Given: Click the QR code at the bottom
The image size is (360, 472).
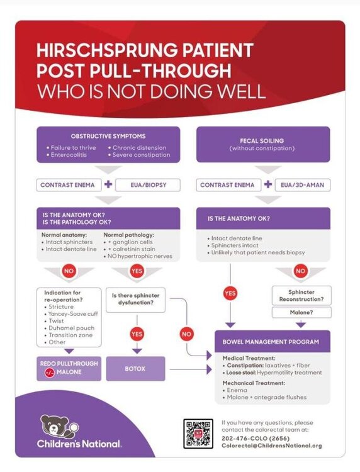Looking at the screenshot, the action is click(198, 434).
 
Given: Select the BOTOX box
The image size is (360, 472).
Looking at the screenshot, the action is click(135, 369).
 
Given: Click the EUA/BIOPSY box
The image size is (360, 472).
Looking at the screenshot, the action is click(148, 185).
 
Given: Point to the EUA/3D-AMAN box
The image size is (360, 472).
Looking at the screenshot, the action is click(303, 185).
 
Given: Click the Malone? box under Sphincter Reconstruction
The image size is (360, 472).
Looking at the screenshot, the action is click(301, 312).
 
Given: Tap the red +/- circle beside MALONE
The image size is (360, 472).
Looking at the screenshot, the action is click(50, 373).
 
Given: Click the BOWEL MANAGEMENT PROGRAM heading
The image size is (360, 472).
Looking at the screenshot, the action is click(271, 342).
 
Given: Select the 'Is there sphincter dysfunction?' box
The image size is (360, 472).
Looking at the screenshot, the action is click(135, 300).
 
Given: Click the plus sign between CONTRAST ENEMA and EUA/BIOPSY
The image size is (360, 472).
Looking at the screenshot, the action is click(108, 184).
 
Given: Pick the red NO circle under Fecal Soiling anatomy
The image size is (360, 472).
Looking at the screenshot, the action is click(300, 271).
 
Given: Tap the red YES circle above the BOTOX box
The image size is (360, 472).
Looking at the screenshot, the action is click(137, 334).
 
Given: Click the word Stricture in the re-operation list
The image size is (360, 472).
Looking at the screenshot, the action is click(61, 306).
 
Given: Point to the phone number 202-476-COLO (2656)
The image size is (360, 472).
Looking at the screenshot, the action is click(256, 438).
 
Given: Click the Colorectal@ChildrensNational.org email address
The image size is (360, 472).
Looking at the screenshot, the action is click(272, 446).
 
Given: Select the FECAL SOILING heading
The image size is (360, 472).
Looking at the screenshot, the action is click(262, 140).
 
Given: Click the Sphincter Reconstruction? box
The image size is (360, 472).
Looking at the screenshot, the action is click(301, 296).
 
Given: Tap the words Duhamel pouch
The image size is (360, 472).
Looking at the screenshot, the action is click(72, 328).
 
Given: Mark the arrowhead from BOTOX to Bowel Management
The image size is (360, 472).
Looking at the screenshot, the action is click(209, 369).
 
